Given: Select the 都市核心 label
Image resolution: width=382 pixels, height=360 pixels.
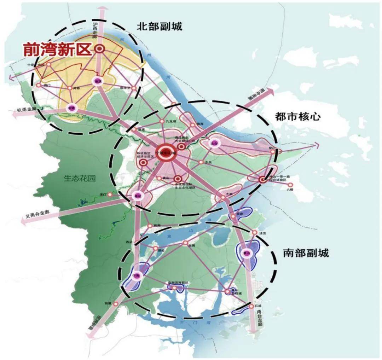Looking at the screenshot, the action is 298,116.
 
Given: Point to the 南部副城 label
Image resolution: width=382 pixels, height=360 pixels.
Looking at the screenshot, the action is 306,253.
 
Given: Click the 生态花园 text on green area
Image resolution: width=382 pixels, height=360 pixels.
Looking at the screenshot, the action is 80,178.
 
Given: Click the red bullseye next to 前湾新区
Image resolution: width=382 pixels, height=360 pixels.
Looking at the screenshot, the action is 100,50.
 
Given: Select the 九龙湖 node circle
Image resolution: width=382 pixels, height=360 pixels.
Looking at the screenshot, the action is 162,121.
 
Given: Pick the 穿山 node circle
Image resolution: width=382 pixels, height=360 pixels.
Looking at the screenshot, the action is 273,152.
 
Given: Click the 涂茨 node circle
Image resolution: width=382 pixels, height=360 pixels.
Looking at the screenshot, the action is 254,232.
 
